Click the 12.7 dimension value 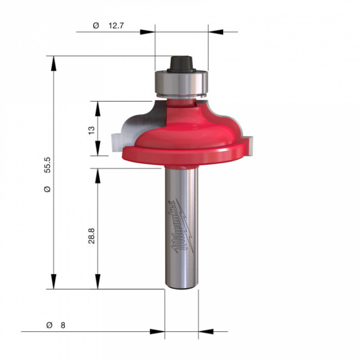[x=116, y=26]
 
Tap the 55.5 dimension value [x=48, y=165]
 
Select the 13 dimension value [x=91, y=130]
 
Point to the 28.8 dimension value [x=91, y=236]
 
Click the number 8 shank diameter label [x=63, y=325]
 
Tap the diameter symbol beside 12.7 [x=96, y=26]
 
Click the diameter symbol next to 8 [x=49, y=325]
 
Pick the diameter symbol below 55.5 [x=48, y=189]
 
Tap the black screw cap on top [x=181, y=64]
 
